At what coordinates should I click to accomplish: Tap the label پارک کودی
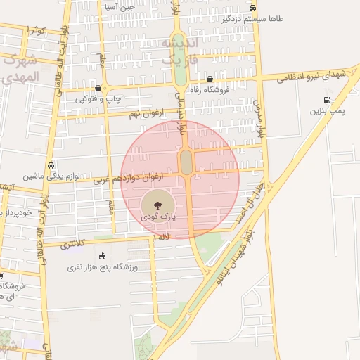click(x=160, y=218)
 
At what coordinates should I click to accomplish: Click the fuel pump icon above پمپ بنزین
click(x=326, y=99)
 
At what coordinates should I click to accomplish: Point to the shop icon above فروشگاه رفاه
click(x=210, y=79)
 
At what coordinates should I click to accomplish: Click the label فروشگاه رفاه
click(x=218, y=89)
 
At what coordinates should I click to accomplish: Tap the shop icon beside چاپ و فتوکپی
click(x=98, y=89)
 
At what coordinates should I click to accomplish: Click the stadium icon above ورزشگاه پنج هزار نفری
click(x=103, y=256)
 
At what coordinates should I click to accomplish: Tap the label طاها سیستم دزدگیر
click(x=257, y=19)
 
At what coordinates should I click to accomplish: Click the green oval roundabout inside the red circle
click(x=186, y=162)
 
